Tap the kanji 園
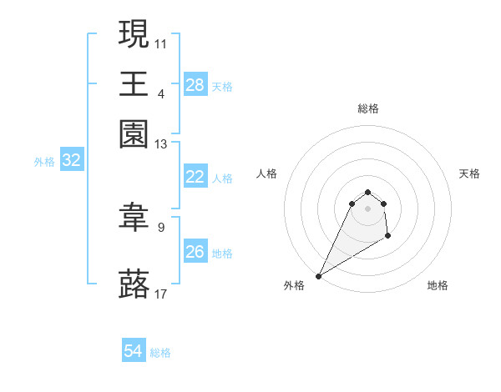click(134, 133)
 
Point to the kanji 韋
click(134, 219)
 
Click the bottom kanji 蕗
click(134, 283)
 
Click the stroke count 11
click(161, 43)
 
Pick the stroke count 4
click(161, 93)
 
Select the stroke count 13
click(161, 144)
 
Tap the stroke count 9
click(161, 226)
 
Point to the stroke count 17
click(161, 294)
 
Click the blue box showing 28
click(195, 85)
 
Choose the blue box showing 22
click(195, 177)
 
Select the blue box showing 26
click(195, 252)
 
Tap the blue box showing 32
click(71, 161)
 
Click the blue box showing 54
click(134, 352)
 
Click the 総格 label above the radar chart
click(367, 108)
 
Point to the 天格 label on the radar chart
click(469, 173)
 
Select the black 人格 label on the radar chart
click(266, 173)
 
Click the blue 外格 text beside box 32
click(44, 163)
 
